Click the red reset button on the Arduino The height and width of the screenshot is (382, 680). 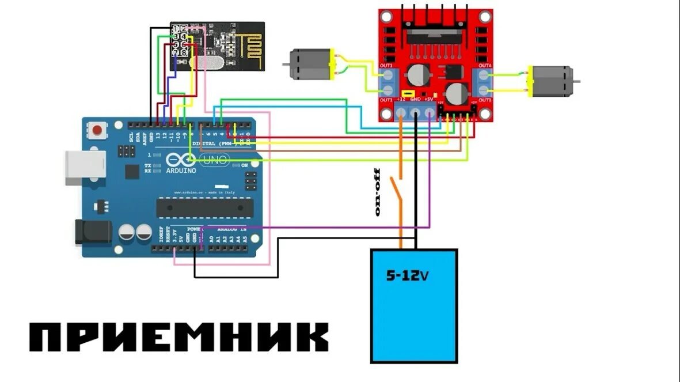[x=98, y=130]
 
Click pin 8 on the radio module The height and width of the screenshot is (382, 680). [x=184, y=52]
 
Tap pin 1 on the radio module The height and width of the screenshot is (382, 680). [x=176, y=28]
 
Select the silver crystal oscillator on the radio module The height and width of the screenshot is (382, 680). [x=208, y=63]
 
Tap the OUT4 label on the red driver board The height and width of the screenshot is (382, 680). [x=485, y=66]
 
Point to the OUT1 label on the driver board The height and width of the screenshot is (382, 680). [x=386, y=66]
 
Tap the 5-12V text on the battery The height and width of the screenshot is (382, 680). [x=408, y=276]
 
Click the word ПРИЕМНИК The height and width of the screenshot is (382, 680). [x=178, y=337]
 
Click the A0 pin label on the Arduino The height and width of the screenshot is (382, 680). [x=211, y=238]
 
